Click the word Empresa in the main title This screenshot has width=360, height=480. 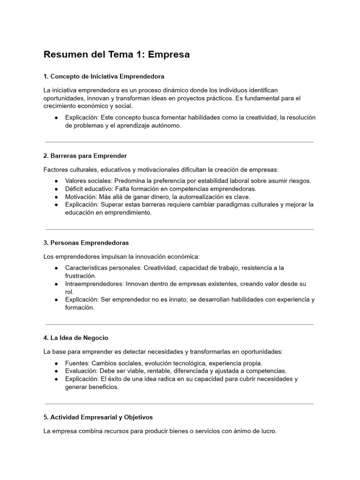pyautogui.click(x=169, y=54)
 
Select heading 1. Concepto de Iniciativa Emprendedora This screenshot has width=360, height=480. pyautogui.click(x=104, y=76)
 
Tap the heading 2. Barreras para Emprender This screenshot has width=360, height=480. pyautogui.click(x=85, y=156)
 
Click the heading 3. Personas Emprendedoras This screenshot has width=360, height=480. pyautogui.click(x=86, y=243)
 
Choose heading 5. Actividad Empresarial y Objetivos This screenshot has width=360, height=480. pyautogui.click(x=98, y=417)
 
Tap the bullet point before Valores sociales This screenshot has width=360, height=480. pyautogui.click(x=56, y=181)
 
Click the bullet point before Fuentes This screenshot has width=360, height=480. pyautogui.click(x=56, y=363)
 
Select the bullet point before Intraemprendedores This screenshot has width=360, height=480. pyautogui.click(x=56, y=284)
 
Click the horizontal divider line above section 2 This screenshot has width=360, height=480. pyautogui.click(x=180, y=142)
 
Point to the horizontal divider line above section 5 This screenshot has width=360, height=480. pyautogui.click(x=180, y=404)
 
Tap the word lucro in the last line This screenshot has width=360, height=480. pyautogui.click(x=268, y=431)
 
